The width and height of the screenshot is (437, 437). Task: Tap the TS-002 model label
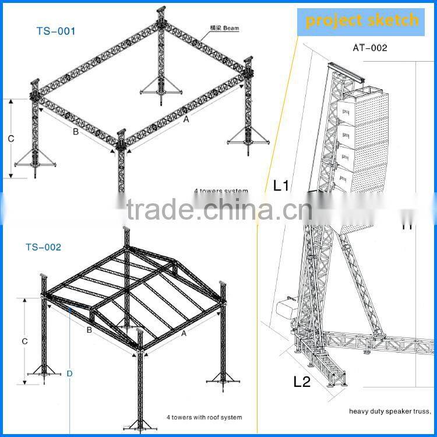(43, 247)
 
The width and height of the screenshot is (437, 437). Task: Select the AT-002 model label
(370, 48)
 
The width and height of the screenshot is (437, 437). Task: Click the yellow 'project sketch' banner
(362, 21)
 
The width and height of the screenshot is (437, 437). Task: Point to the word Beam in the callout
(230, 27)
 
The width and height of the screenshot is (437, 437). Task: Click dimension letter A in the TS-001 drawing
(186, 119)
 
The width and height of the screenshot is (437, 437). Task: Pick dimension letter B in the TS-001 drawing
(75, 132)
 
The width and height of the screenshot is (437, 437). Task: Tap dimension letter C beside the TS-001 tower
(10, 139)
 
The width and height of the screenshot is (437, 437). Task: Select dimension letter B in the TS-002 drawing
(89, 330)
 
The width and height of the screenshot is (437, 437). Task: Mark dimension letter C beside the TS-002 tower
(24, 340)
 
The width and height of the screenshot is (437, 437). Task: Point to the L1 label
(281, 186)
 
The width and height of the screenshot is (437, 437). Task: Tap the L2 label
(301, 382)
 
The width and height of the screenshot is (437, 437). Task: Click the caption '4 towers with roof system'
(204, 417)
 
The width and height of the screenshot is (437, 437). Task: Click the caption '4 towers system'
(221, 191)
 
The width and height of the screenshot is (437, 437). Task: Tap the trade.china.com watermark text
(218, 210)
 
